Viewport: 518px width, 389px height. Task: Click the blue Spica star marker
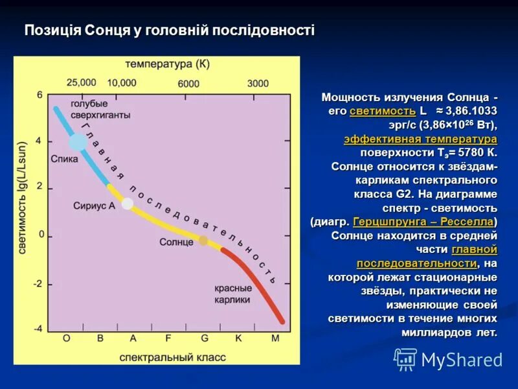78,141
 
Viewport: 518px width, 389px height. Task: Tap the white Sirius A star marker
128,204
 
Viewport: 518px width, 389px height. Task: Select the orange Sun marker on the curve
203,241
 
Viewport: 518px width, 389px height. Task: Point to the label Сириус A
95,205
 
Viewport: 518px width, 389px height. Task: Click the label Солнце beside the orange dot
176,242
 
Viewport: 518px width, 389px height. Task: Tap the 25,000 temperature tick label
81,83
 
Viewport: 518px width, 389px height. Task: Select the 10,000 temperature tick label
122,83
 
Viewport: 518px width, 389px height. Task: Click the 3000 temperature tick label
258,83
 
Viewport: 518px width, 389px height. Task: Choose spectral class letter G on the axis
205,338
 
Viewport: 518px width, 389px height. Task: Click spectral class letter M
275,338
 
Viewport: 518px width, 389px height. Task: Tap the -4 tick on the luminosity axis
38,329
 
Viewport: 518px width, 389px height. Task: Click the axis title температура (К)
168,64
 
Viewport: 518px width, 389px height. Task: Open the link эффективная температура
420,139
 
